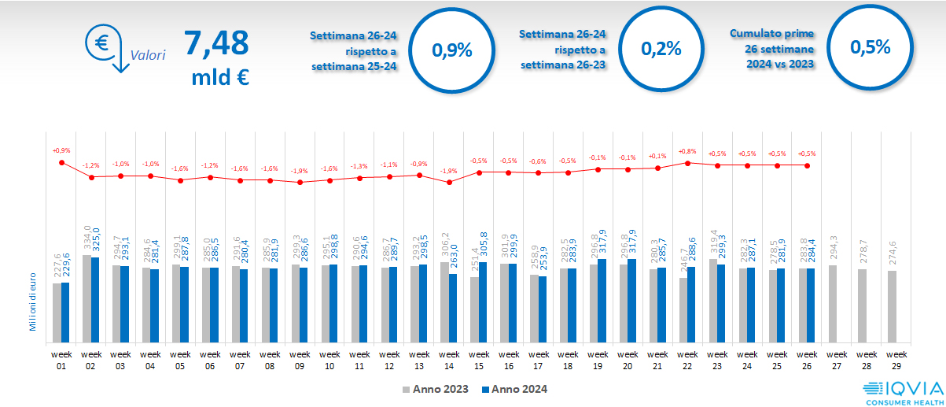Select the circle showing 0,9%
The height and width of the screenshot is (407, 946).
[x=452, y=50]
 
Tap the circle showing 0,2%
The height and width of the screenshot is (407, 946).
[x=661, y=49]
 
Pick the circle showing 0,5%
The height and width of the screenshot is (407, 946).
[x=870, y=47]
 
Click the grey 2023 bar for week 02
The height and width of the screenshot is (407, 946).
[x=87, y=299]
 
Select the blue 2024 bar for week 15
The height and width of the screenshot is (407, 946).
[x=483, y=303]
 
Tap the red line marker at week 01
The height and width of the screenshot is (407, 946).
[x=61, y=162]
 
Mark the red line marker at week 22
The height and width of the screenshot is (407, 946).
[x=688, y=163]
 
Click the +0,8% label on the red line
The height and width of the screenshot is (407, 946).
[x=687, y=151]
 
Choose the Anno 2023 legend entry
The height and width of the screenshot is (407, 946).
[x=436, y=389]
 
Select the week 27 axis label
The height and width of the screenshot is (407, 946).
[x=837, y=359]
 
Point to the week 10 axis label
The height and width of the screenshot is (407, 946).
[x=329, y=359]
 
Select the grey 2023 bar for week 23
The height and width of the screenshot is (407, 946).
[x=713, y=302]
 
